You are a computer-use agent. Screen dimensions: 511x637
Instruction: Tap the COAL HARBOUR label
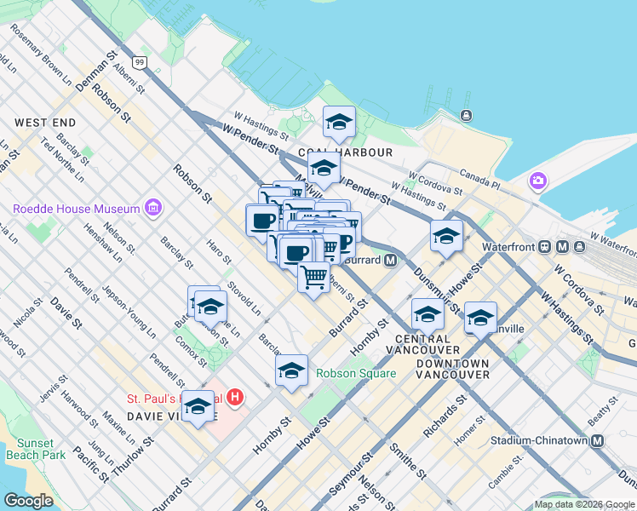[358, 152]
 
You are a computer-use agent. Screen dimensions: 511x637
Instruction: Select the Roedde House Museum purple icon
[152, 208]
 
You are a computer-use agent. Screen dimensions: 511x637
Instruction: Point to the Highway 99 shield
[140, 62]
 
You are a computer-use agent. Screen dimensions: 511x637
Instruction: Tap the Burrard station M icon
[391, 261]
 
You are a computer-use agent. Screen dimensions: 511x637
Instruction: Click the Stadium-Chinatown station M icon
[597, 440]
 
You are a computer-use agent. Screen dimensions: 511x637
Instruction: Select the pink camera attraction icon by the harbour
[537, 181]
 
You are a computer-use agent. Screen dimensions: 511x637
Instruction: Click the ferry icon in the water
[466, 115]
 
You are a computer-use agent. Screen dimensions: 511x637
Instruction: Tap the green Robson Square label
[355, 373]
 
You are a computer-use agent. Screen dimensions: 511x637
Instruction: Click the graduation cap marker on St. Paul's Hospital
[198, 407]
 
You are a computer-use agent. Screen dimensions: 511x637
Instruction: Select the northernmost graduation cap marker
[339, 123]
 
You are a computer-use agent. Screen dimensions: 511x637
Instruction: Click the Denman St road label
[100, 65]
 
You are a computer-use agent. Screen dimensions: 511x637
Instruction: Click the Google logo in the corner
[28, 501]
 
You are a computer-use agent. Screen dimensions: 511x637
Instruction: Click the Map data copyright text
[585, 504]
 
